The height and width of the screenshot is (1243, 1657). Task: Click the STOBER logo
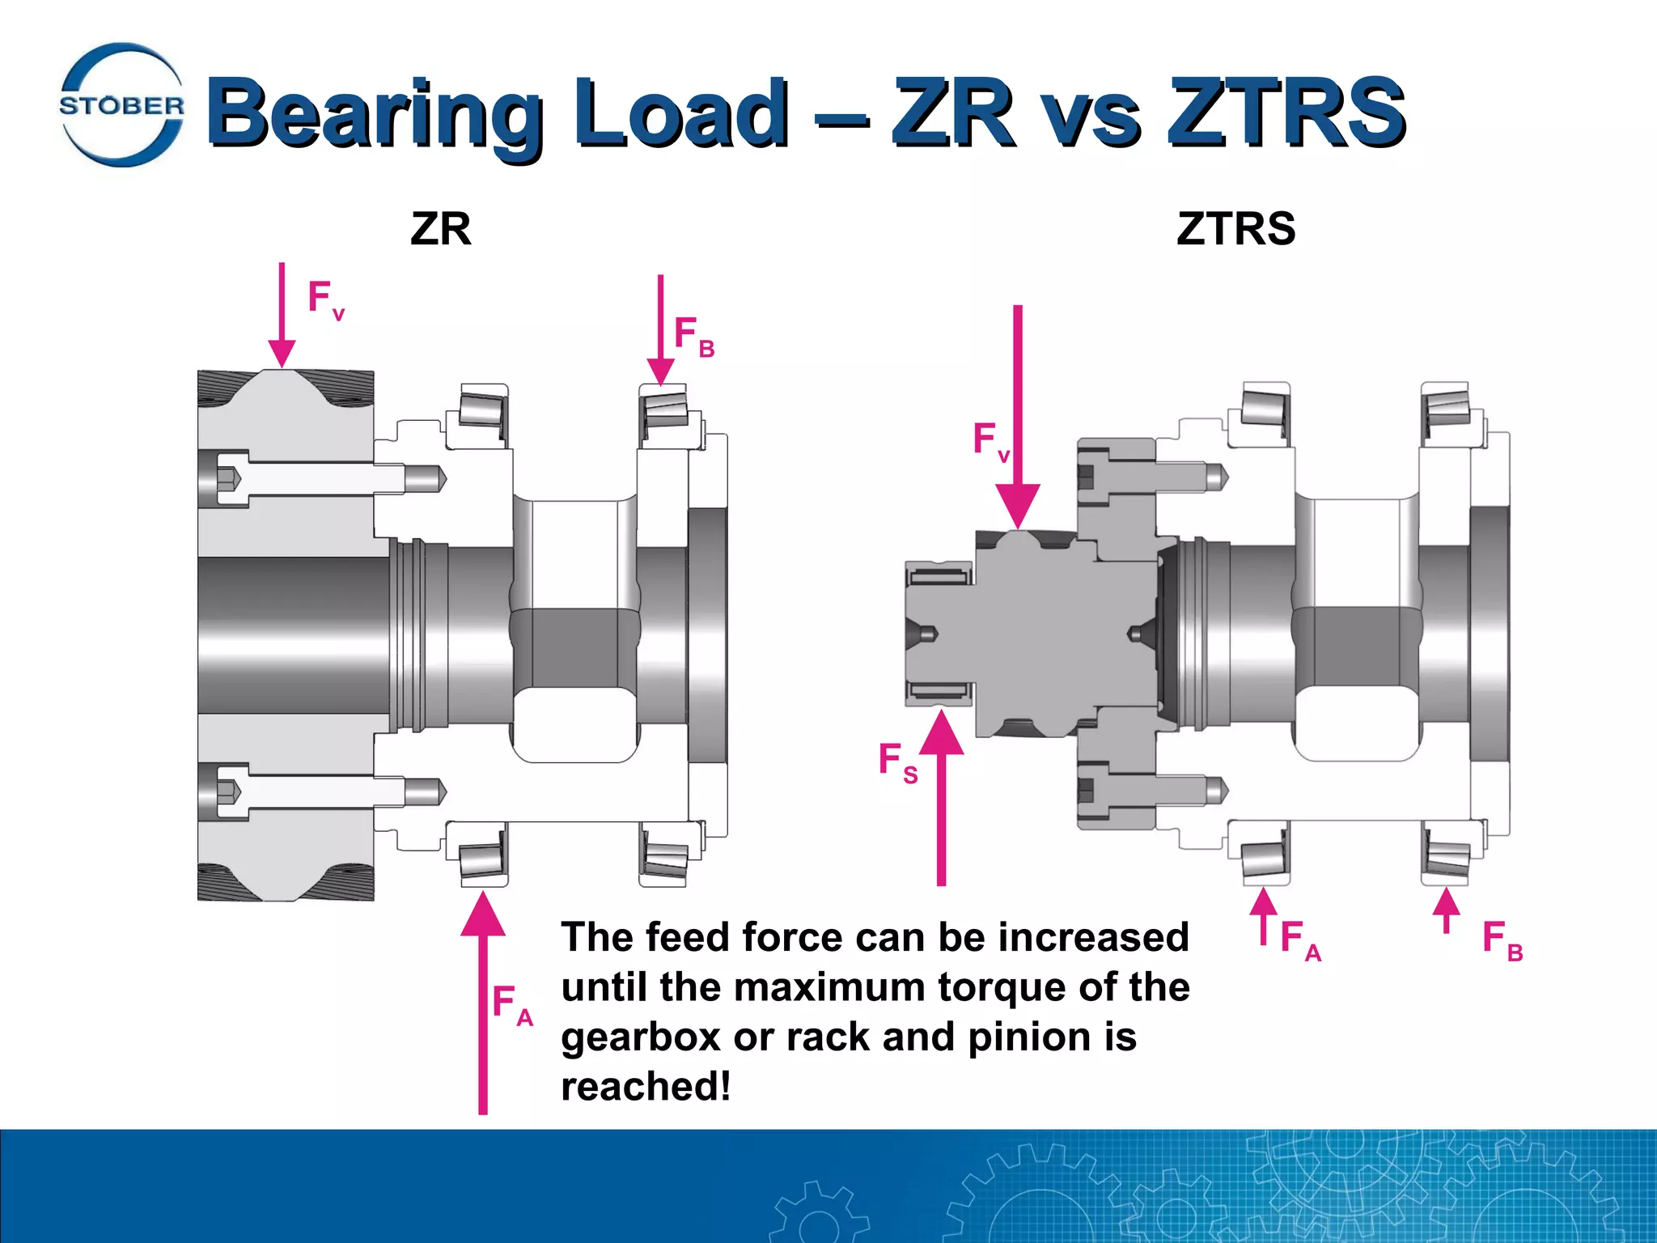click(121, 105)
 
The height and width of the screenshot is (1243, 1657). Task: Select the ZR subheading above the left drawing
click(440, 229)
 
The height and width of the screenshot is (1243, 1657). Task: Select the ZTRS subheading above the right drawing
click(1235, 229)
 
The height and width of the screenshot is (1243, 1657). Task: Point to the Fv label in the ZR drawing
click(324, 299)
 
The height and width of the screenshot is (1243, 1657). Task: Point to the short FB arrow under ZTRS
click(1446, 910)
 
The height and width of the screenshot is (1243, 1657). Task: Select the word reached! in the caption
click(646, 1087)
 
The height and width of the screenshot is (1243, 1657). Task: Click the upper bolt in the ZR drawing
click(324, 479)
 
